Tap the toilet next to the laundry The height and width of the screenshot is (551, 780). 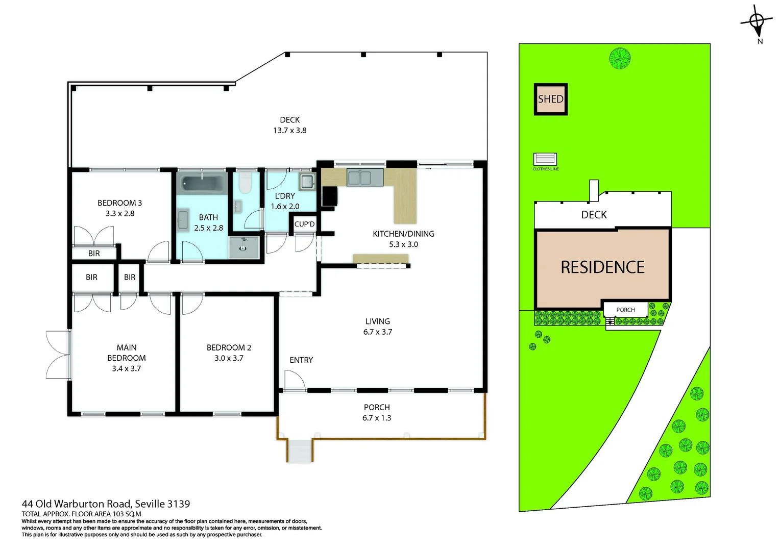(x=246, y=183)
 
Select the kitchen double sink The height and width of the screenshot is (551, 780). (x=365, y=178)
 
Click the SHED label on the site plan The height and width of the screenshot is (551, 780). (x=550, y=99)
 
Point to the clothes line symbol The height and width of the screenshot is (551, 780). (x=545, y=159)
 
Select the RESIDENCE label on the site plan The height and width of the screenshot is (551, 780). (x=602, y=267)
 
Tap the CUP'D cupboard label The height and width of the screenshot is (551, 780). (x=305, y=224)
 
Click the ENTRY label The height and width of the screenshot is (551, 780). (x=301, y=360)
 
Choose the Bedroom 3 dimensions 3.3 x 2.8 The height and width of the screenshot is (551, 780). (x=120, y=214)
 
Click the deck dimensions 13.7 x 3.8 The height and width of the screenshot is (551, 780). (x=289, y=131)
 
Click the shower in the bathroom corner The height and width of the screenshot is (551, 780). (x=244, y=247)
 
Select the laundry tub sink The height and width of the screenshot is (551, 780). (x=307, y=181)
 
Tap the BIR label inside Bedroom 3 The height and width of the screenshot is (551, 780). (x=94, y=254)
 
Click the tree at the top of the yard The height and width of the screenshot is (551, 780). (x=620, y=58)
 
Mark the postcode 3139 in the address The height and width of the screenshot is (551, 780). (x=179, y=504)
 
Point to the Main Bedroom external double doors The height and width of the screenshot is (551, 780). (x=58, y=355)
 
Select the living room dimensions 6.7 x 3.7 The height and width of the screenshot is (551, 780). (x=377, y=332)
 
